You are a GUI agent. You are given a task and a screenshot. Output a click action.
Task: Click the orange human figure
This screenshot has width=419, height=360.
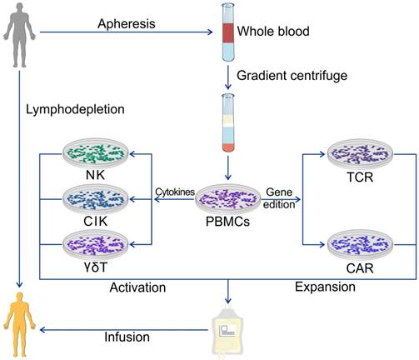coord(19,326)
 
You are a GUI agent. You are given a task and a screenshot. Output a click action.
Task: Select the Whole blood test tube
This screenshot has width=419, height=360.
coord(227,33)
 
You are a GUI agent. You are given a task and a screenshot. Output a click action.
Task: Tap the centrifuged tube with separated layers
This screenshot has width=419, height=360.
coord(227,123)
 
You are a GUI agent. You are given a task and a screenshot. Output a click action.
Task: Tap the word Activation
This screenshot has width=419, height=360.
coord(138,287)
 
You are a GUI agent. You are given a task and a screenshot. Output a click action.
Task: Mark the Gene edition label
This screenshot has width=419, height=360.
coord(281,197)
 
